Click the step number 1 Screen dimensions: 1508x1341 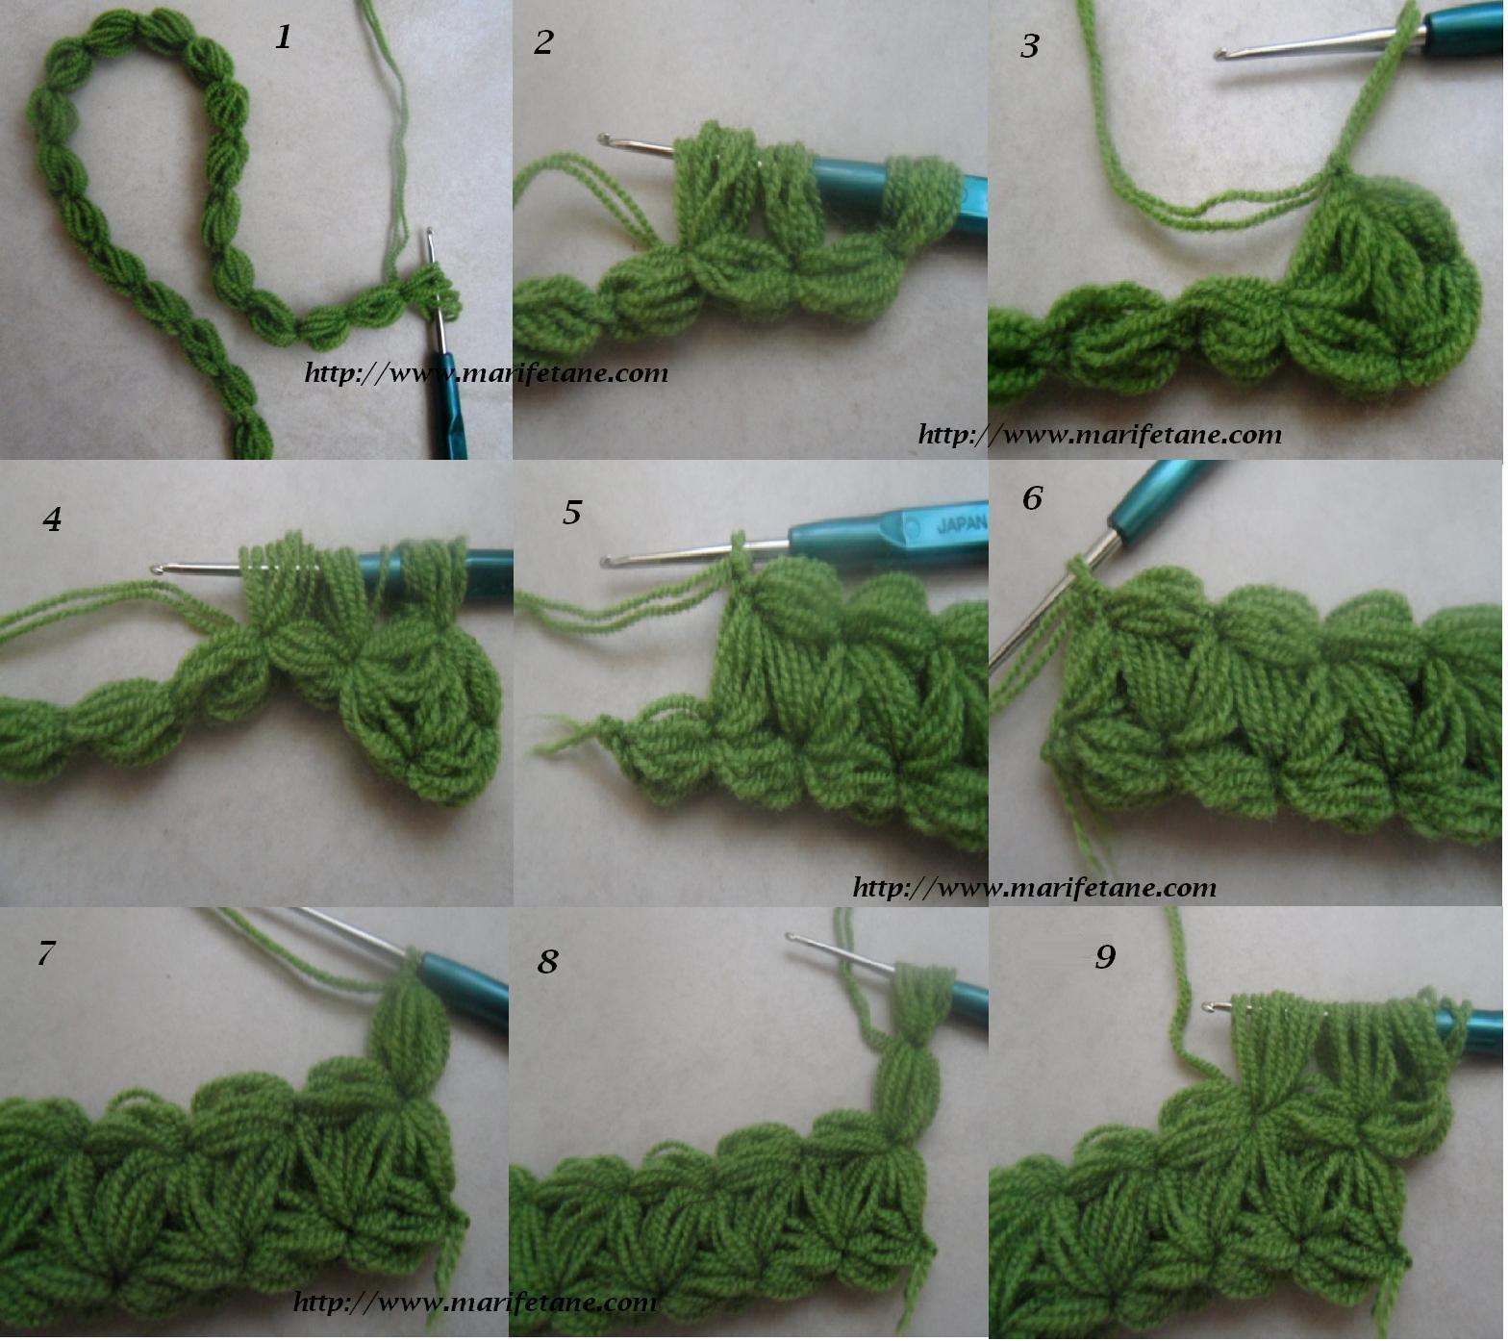[283, 38]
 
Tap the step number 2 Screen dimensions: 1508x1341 [544, 42]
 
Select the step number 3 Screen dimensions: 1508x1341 [1030, 45]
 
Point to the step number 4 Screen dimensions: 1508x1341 [52, 519]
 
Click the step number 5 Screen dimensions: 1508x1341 [572, 513]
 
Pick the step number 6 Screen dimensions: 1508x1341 [1032, 497]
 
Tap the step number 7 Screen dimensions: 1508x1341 [46, 953]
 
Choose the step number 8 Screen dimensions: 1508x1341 [548, 960]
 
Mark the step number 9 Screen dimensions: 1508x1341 [1105, 956]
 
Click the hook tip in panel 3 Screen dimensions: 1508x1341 [1220, 55]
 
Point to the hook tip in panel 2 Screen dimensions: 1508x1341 [604, 139]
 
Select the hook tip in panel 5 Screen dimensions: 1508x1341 [606, 561]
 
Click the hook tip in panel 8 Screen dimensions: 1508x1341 [791, 936]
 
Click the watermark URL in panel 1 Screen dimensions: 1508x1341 [486, 373]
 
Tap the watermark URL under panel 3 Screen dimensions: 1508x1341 [1100, 435]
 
